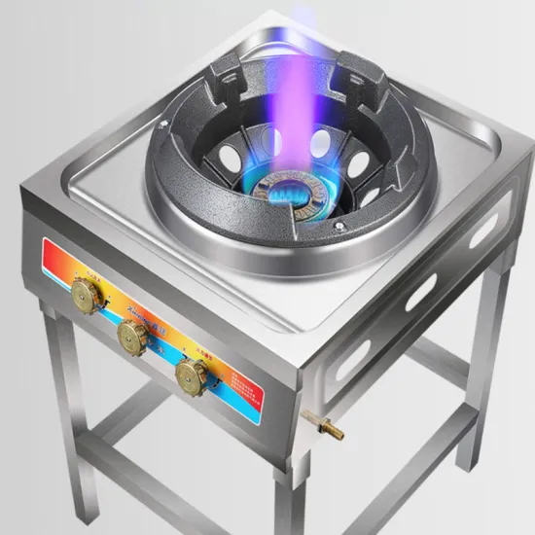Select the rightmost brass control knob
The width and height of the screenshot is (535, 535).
(x=190, y=376)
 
